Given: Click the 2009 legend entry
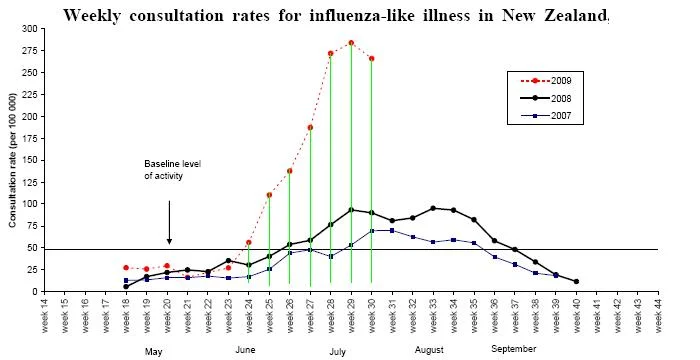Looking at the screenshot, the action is pyautogui.click(x=546, y=81).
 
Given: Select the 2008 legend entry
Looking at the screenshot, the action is pyautogui.click(x=546, y=98).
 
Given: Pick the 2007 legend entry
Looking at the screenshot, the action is pyautogui.click(x=546, y=116).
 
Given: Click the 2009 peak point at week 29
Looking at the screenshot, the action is pyautogui.click(x=351, y=43).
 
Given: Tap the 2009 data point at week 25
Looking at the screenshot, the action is pyautogui.click(x=269, y=195).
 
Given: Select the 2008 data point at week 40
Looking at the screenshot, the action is pyautogui.click(x=576, y=281).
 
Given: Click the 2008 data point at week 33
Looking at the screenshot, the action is pyautogui.click(x=433, y=208).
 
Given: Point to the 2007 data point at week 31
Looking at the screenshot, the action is pyautogui.click(x=392, y=230).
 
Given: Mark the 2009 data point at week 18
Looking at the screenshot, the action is pyautogui.click(x=126, y=268).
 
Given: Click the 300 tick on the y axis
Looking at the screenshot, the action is pyautogui.click(x=33, y=29).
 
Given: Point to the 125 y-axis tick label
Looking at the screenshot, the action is pyautogui.click(x=33, y=182).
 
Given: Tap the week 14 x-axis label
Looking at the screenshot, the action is pyautogui.click(x=45, y=316).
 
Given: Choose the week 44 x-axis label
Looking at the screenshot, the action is pyautogui.click(x=658, y=316).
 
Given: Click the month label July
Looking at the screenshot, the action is pyautogui.click(x=338, y=352).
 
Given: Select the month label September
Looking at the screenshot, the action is pyautogui.click(x=513, y=349).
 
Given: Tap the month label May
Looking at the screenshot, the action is pyautogui.click(x=153, y=352).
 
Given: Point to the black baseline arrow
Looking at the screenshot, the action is pyautogui.click(x=169, y=222).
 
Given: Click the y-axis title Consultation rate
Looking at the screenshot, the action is pyautogui.click(x=12, y=160).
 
